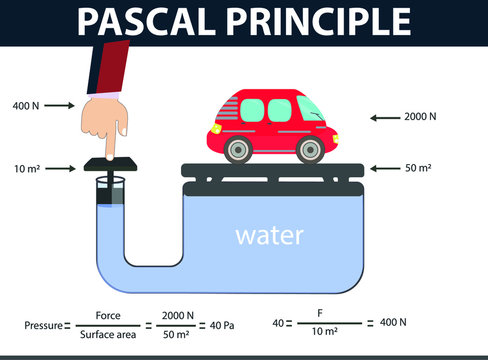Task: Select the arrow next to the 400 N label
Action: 59,105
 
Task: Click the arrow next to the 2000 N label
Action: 385,117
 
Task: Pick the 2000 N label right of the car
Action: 420,117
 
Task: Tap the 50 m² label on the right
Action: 418,169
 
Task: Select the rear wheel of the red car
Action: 237,150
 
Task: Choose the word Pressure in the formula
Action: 43,325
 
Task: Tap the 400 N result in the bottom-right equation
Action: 391,322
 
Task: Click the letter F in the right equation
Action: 321,313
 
